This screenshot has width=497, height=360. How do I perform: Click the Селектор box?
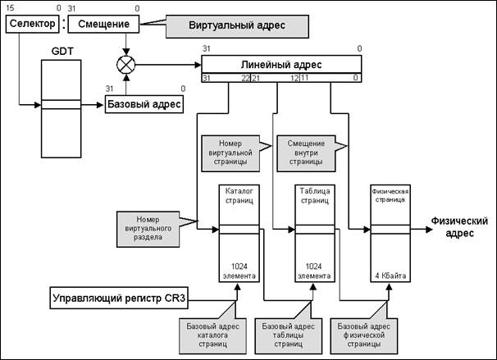[30, 24]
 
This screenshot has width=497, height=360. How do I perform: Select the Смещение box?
[102, 24]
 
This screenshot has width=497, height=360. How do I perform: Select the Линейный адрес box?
[281, 64]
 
